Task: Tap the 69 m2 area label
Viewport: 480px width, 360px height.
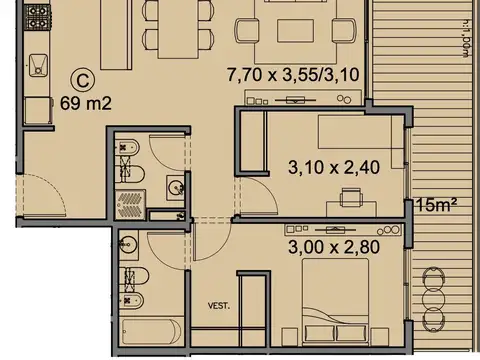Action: (x=84, y=103)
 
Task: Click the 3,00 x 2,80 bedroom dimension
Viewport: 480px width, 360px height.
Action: (x=329, y=242)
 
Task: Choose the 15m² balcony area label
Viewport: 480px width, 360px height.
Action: (x=436, y=206)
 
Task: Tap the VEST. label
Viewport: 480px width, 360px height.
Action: (x=219, y=305)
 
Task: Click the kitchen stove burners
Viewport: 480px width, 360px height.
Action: (x=37, y=17)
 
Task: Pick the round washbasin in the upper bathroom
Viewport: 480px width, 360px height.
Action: (x=173, y=187)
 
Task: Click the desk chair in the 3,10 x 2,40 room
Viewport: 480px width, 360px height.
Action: (x=349, y=196)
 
